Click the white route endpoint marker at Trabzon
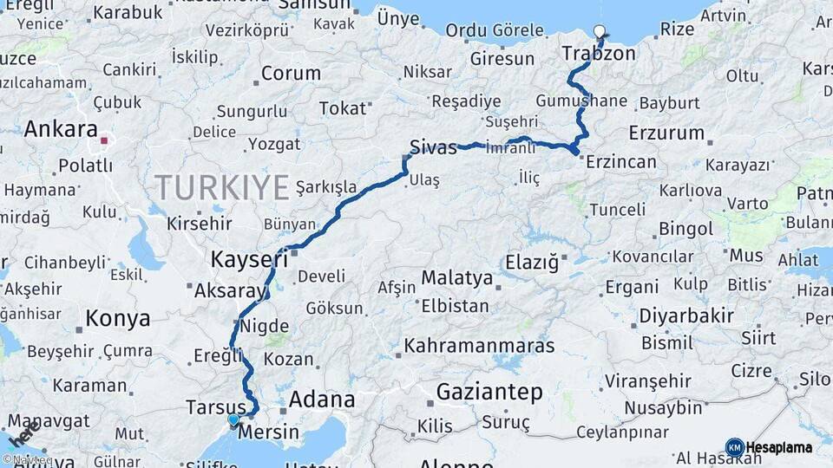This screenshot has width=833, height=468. [x=599, y=33]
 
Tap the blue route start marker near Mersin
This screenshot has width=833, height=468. [x=233, y=420]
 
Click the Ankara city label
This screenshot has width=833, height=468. [x=61, y=129]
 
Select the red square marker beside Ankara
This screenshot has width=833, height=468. [x=104, y=140]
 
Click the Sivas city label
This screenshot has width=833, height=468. [x=432, y=147]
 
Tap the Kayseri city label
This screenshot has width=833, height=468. [x=250, y=258]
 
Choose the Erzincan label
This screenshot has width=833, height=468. [x=621, y=161]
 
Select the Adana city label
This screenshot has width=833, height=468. [x=321, y=400]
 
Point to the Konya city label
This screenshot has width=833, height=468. [x=118, y=318]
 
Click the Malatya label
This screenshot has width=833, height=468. [x=456, y=279]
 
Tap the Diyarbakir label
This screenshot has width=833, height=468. [x=686, y=315]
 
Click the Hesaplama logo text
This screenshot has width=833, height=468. [x=779, y=447]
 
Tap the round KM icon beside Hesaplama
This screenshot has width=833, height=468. [x=734, y=447]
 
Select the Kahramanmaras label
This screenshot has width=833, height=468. [x=479, y=345]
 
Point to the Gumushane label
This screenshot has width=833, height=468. [x=594, y=101]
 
